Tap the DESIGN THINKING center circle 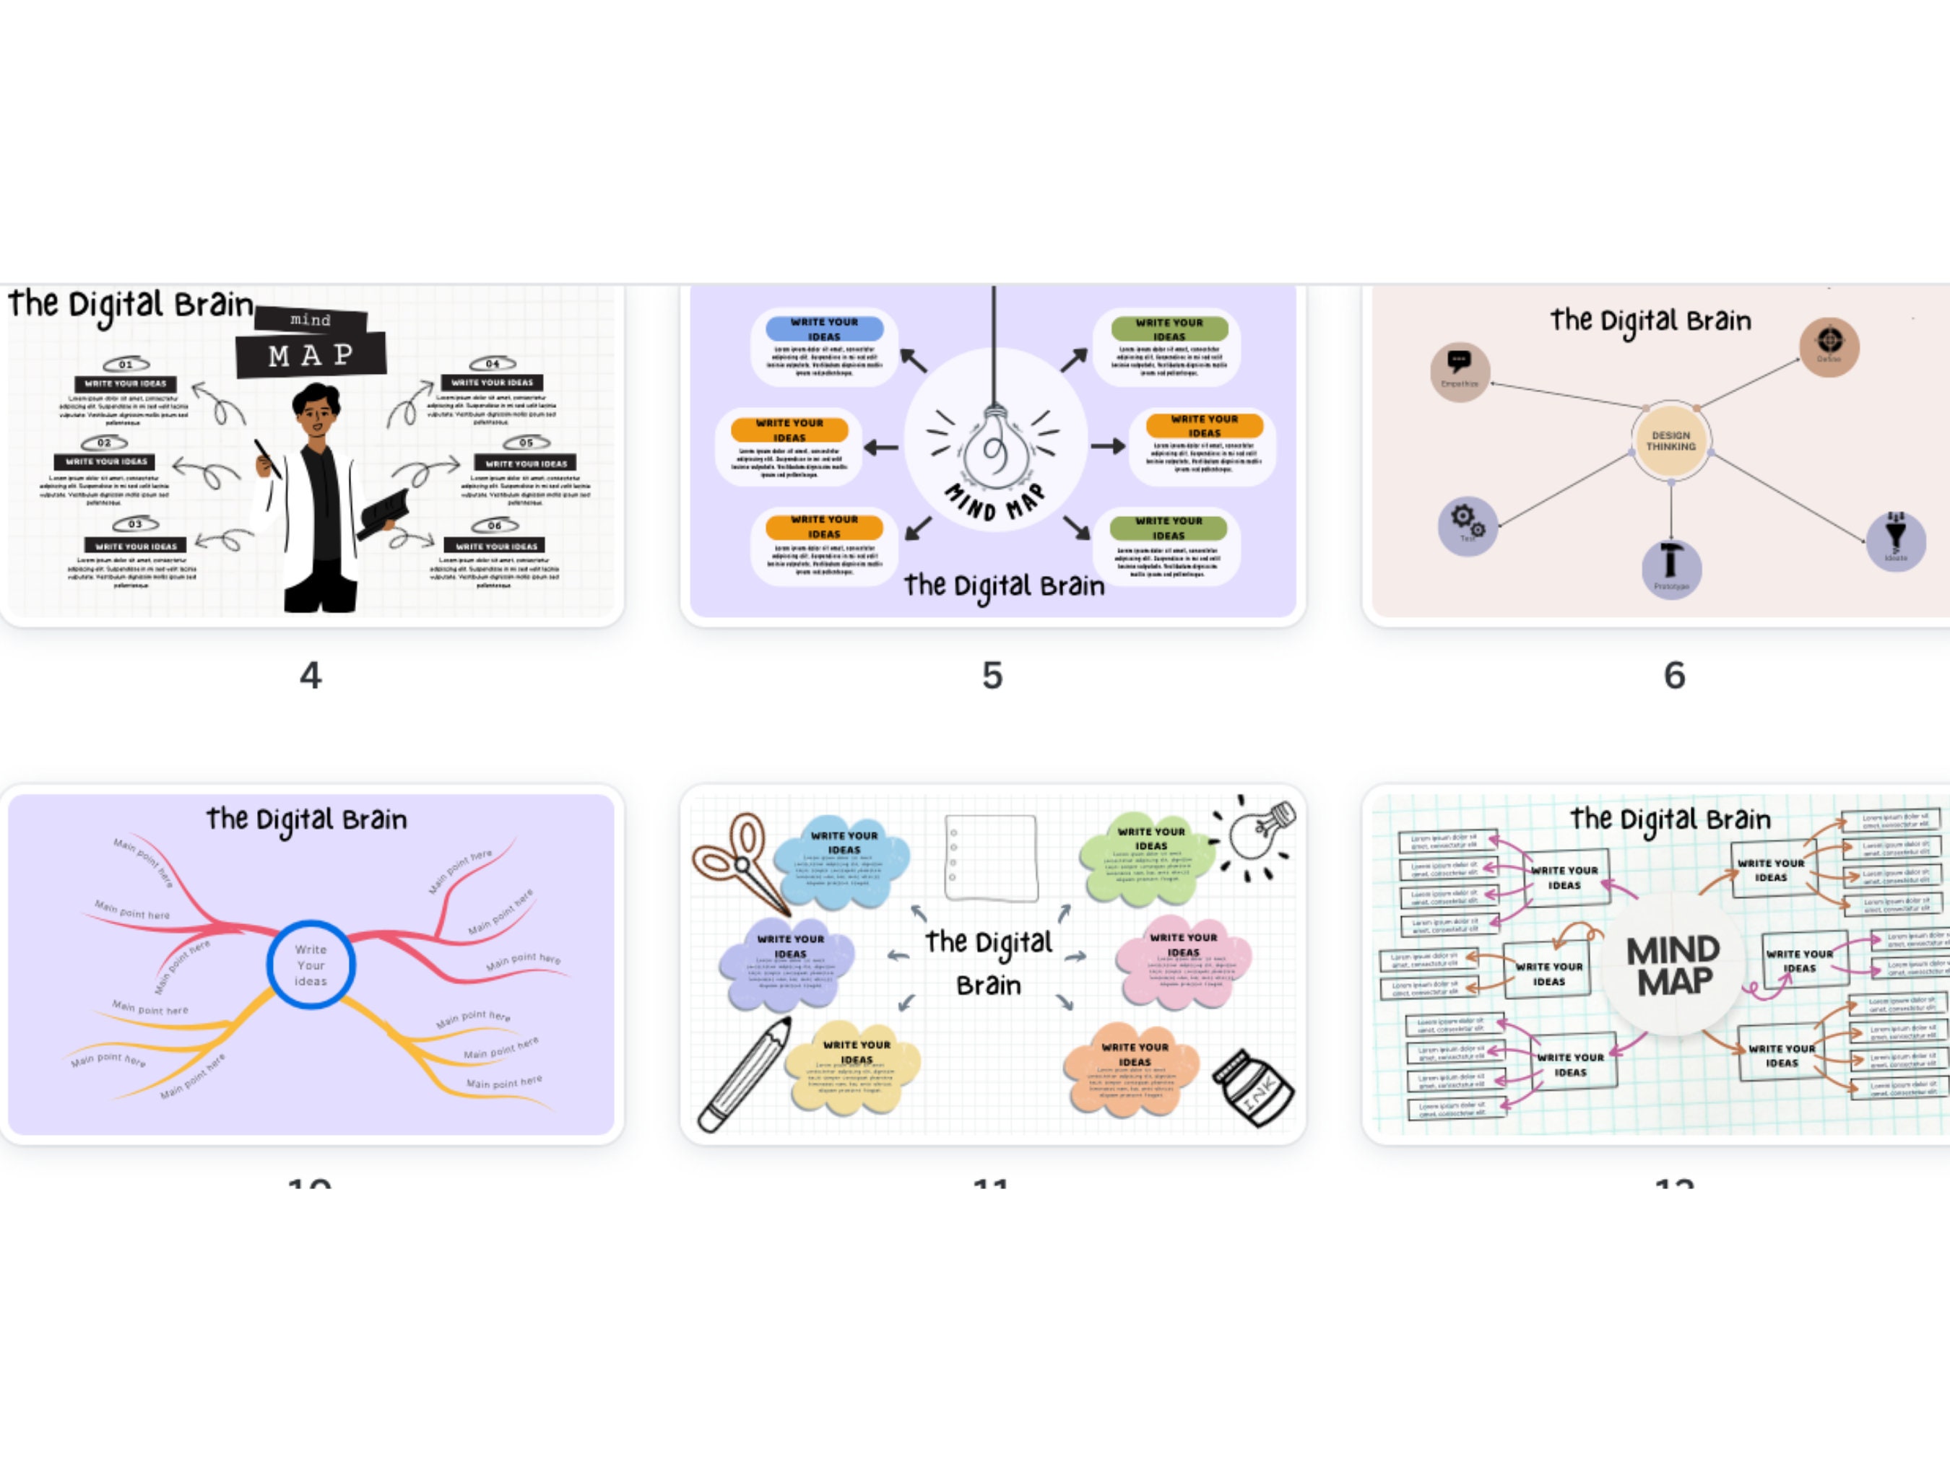pos(1670,440)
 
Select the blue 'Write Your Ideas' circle pos(311,965)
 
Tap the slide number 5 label pos(992,676)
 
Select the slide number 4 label pos(311,676)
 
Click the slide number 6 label pos(1674,676)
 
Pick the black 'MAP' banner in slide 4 pos(311,355)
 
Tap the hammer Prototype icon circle pos(1670,568)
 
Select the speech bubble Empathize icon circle pos(1460,371)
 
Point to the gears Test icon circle pos(1468,526)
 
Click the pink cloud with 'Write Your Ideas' pos(1183,962)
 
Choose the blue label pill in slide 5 pos(824,328)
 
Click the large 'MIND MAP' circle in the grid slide pos(1673,965)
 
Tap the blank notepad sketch pos(991,858)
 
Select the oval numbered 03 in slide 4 pos(135,524)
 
